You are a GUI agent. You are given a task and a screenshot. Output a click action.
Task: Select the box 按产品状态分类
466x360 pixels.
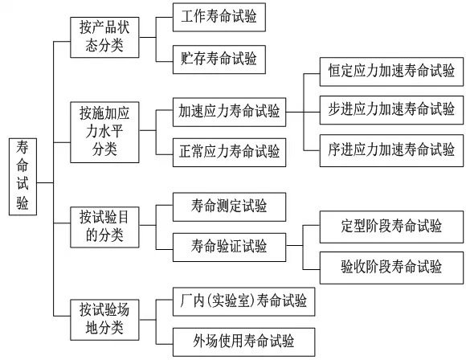pos(103,37)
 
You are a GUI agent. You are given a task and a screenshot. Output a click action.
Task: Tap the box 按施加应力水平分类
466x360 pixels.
pos(103,128)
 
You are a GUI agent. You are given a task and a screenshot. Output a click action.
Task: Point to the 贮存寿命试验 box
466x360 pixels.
pos(219,59)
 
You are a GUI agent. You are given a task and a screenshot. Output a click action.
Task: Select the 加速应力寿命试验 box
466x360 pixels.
pos(230,113)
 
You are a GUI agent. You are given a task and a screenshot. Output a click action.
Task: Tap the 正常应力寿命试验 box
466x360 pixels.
pos(230,150)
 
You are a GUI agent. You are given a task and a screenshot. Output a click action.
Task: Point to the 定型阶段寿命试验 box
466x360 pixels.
pos(391,226)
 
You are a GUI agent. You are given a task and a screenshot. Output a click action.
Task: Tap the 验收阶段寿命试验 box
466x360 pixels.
pos(391,263)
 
